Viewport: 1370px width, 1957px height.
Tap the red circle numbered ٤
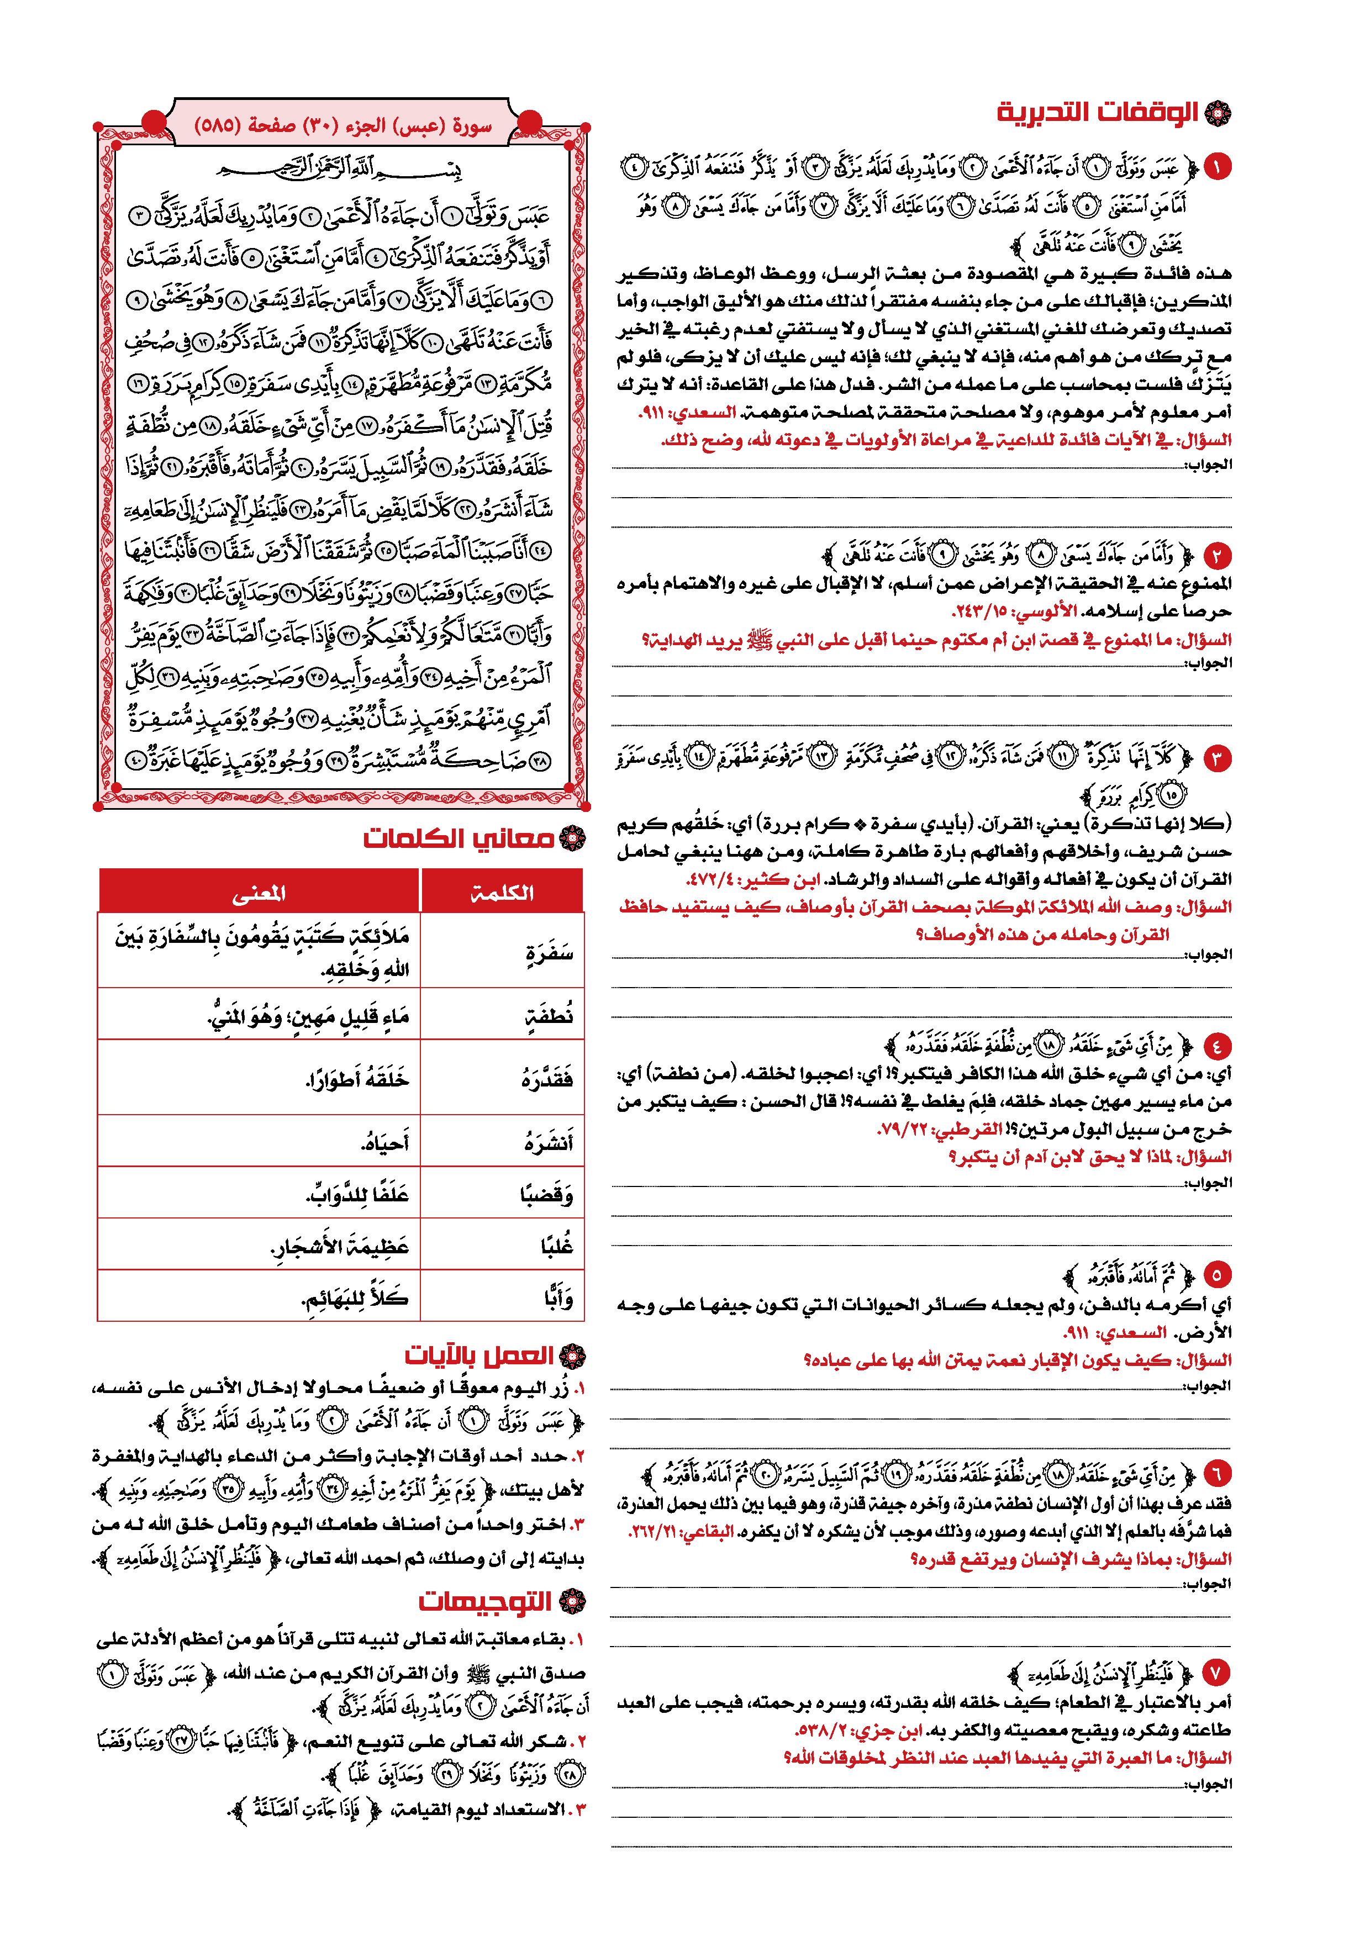tap(1216, 1045)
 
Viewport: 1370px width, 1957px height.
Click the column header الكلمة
tap(502, 893)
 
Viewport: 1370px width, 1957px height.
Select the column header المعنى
tap(259, 893)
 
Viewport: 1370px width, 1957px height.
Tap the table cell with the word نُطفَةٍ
tap(547, 1015)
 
